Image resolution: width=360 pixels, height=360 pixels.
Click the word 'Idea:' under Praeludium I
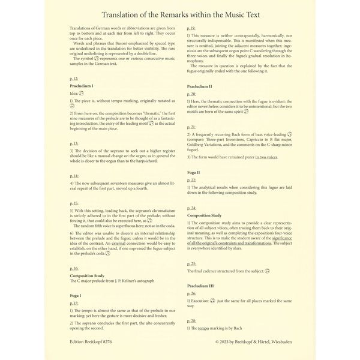pos(75,94)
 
